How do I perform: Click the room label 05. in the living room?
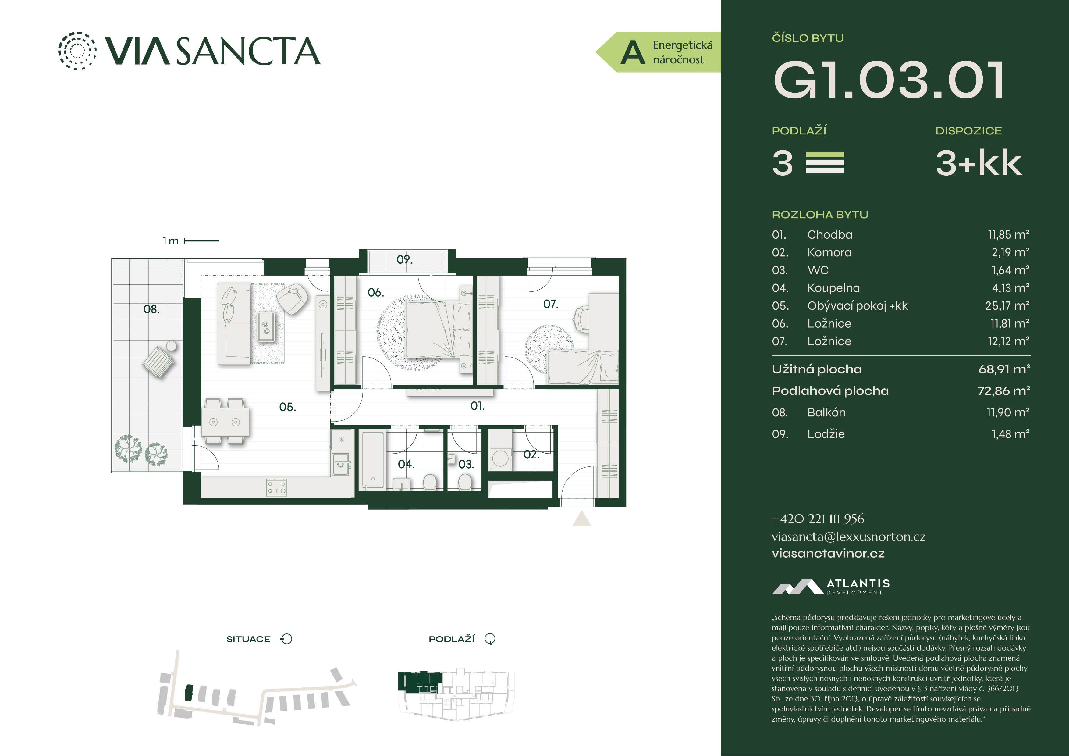(x=287, y=407)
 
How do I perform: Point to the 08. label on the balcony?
(x=151, y=309)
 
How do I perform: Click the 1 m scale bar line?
(x=202, y=241)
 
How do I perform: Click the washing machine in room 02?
(x=500, y=458)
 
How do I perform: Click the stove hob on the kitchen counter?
(x=277, y=487)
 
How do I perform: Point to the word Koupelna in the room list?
(x=833, y=288)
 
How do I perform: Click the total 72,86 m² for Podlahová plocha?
(x=1003, y=391)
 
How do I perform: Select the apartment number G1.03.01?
(x=888, y=80)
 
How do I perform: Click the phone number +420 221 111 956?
(x=818, y=519)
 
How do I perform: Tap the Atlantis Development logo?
(x=831, y=587)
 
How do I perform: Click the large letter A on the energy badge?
(x=633, y=52)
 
